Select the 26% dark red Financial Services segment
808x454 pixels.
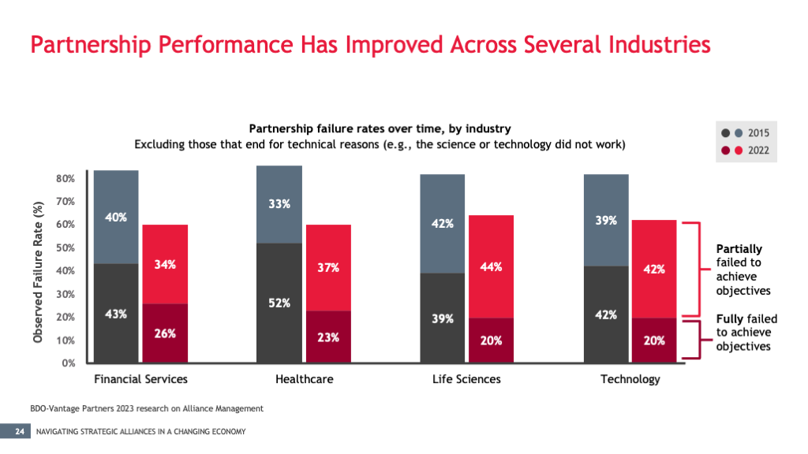pos(165,333)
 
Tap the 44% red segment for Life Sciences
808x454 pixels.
pos(491,266)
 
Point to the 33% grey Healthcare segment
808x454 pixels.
pos(279,204)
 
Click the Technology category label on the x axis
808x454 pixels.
pos(630,379)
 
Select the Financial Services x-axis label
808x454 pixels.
pos(140,379)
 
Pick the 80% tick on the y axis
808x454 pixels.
pos(65,178)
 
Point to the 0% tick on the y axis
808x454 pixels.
pos(69,363)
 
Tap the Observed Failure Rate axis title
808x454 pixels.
pos(38,270)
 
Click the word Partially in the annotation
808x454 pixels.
pos(739,249)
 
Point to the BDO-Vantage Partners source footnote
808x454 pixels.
pos(142,408)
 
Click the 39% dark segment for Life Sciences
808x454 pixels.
pos(442,318)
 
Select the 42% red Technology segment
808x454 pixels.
pos(654,269)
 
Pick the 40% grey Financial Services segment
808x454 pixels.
pos(116,217)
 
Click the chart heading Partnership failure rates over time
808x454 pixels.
pos(380,128)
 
